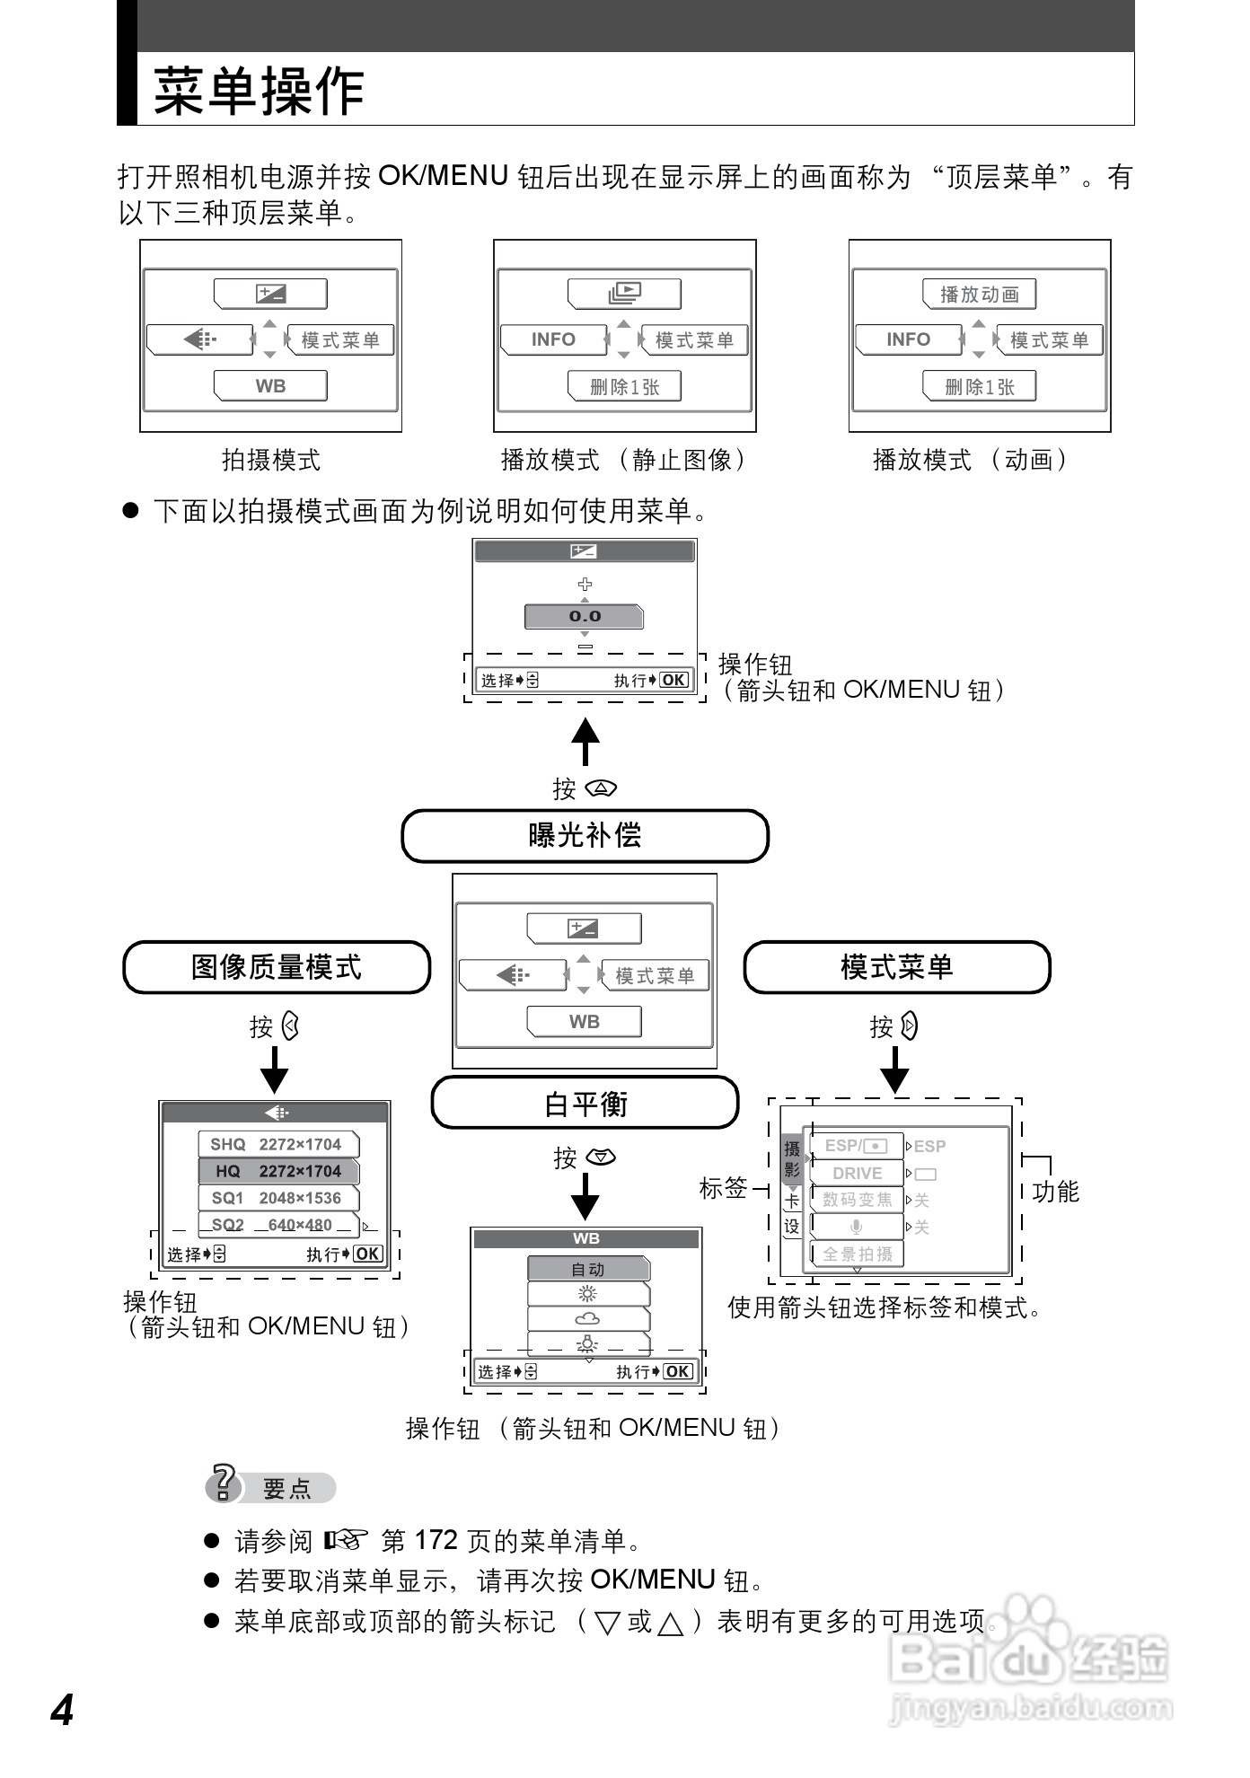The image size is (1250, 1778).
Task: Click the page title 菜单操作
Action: point(259,92)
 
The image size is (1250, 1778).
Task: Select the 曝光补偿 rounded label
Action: point(585,836)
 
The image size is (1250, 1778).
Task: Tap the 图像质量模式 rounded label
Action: point(277,967)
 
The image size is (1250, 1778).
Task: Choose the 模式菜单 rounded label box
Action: point(896,967)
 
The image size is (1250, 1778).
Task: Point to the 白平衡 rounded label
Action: point(585,1104)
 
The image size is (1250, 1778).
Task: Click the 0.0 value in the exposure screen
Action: point(585,616)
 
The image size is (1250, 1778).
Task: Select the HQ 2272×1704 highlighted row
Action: point(278,1171)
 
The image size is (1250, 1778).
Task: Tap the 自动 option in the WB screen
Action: point(588,1269)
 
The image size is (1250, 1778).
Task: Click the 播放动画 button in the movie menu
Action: point(979,295)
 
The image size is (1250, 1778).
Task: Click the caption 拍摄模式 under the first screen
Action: point(270,461)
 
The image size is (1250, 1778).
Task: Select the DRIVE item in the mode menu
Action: point(857,1173)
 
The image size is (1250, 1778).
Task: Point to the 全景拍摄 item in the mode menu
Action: point(857,1254)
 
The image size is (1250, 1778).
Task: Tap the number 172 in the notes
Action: point(436,1541)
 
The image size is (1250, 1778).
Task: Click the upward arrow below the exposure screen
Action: point(585,741)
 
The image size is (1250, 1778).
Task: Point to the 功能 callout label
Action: point(1055,1192)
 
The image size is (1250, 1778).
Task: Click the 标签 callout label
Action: point(723,1188)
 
